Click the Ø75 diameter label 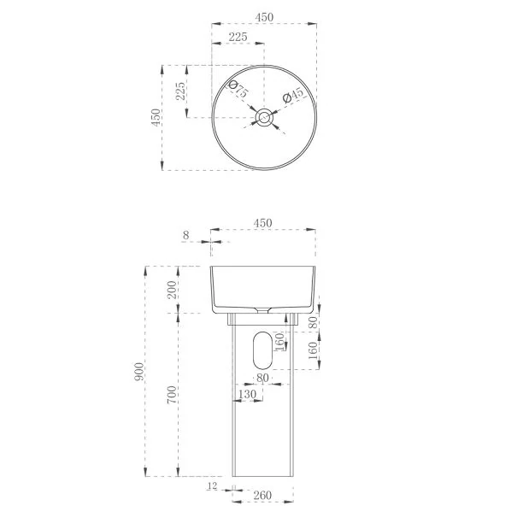coord(238,89)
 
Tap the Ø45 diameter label coord(293,96)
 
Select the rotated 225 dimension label coord(180,91)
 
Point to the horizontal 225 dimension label coord(238,37)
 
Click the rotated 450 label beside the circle coord(156,117)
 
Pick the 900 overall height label coord(138,372)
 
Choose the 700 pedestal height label coord(172,395)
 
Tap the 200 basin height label coord(172,290)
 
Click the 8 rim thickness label coord(185,235)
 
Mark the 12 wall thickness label coord(212,486)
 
